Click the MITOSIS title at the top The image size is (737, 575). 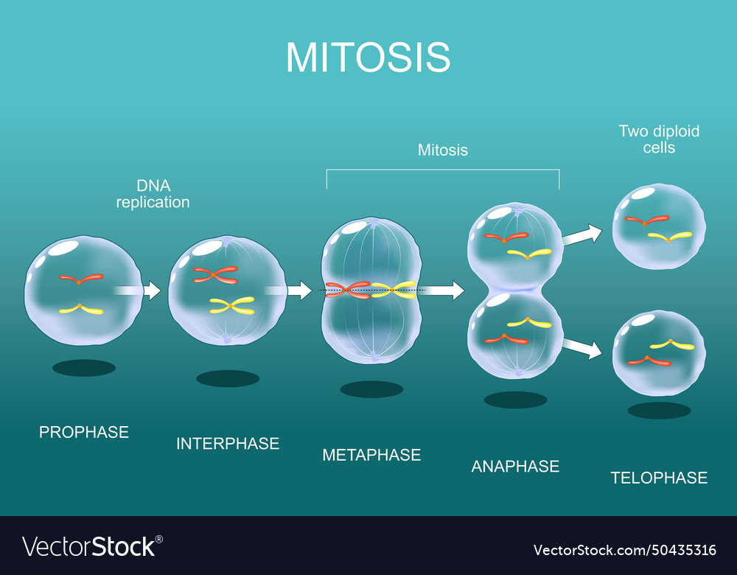(368, 57)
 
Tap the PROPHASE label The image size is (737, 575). (84, 432)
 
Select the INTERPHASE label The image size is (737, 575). (228, 444)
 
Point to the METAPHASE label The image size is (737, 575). (371, 455)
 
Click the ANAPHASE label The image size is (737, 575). (515, 466)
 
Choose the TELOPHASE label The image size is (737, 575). (659, 478)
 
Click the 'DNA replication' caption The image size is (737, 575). (153, 194)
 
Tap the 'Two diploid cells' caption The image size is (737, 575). (659, 139)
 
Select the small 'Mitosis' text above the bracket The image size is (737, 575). (443, 150)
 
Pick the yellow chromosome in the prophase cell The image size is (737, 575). (81, 310)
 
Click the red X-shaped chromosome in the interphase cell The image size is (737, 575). (215, 275)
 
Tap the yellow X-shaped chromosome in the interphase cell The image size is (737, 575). (232, 305)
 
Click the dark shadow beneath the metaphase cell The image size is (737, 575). (371, 389)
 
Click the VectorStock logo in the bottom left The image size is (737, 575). (92, 546)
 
